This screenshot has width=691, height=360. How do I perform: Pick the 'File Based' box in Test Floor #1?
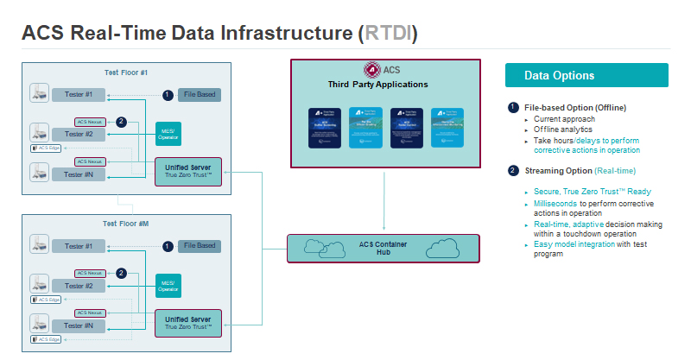[198, 94]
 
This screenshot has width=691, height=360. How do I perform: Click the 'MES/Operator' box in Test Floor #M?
[168, 285]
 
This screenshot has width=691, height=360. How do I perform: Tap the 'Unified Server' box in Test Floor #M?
[187, 324]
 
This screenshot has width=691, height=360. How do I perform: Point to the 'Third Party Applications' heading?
[377, 85]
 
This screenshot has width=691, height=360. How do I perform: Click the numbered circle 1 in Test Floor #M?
[168, 246]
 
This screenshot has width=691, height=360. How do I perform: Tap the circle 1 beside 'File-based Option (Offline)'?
[513, 107]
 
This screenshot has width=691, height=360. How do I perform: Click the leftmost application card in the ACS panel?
[326, 128]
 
